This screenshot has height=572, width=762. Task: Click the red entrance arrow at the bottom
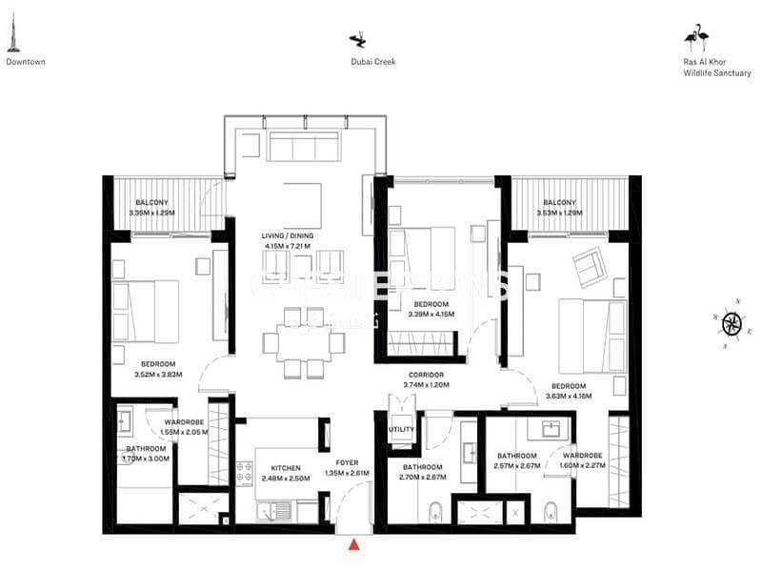pos(354,544)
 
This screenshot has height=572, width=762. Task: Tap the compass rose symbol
pos(732,323)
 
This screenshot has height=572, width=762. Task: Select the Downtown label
pos(26,62)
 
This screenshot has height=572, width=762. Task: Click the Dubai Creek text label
pos(372,62)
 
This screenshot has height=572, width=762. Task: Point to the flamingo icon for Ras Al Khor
pos(696,38)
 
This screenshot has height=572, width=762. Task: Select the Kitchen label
pos(286,468)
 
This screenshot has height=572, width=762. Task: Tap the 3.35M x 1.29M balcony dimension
pos(152,213)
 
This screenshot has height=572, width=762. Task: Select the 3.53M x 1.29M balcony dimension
pos(559,213)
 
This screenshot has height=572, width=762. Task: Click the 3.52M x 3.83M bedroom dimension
pos(158,374)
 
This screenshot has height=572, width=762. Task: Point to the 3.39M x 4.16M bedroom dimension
pos(431,314)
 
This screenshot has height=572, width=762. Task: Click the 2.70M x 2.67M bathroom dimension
pos(423,477)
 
